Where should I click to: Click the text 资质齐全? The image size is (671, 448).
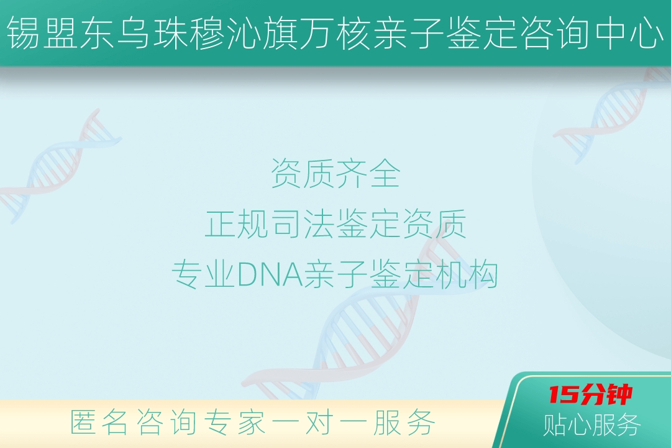coord(335,173)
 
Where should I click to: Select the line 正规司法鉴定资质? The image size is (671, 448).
coord(335,223)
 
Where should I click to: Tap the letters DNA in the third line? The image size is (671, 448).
coord(270,274)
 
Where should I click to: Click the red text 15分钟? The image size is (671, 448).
coord(591,394)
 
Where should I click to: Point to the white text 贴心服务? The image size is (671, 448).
coord(592,424)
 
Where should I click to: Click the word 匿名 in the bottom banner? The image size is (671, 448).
coord(99,422)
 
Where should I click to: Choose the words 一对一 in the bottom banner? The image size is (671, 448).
coord(319,422)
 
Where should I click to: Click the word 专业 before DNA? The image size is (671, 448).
coord(204,274)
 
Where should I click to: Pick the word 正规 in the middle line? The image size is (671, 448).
coord(237,223)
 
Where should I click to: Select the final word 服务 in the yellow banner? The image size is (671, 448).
coord(404,422)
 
